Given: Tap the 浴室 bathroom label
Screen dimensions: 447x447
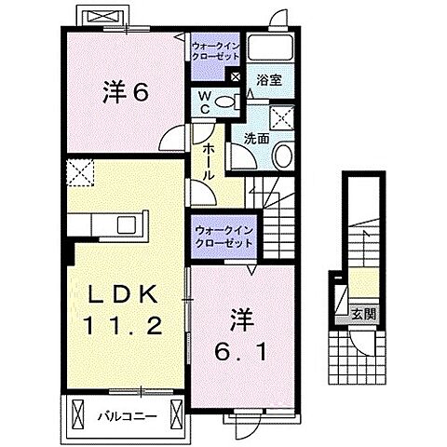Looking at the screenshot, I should [270, 81].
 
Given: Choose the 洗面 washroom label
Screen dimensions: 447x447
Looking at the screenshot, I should [257, 138].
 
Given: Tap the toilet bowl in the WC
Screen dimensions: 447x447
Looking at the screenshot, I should [223, 102].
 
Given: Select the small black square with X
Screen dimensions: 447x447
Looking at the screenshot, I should [234, 79].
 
